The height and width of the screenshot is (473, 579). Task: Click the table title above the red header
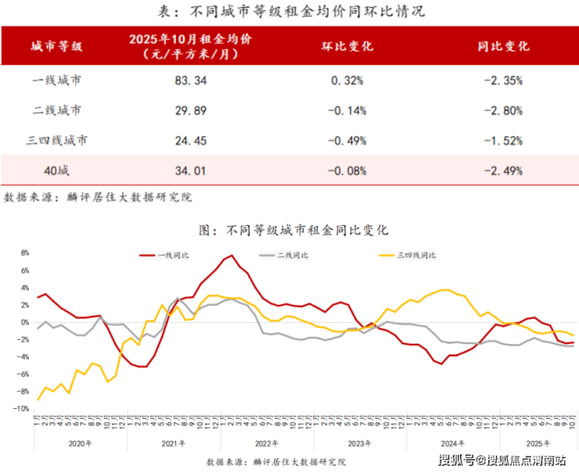289,11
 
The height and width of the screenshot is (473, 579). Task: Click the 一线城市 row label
57,80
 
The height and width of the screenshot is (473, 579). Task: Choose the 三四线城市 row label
57,141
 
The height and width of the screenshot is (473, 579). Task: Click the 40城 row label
57,170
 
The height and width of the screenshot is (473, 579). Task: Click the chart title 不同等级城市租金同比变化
294,231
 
